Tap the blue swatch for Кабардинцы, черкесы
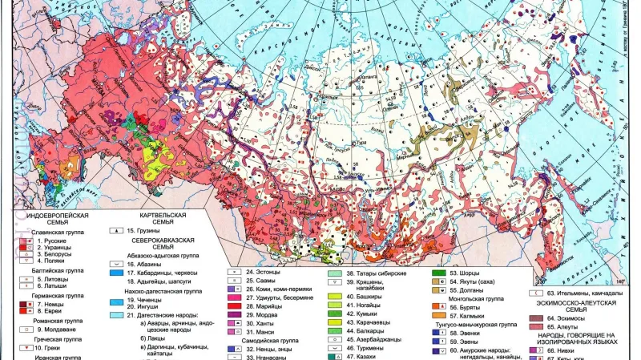pyautogui.click(x=119, y=273)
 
